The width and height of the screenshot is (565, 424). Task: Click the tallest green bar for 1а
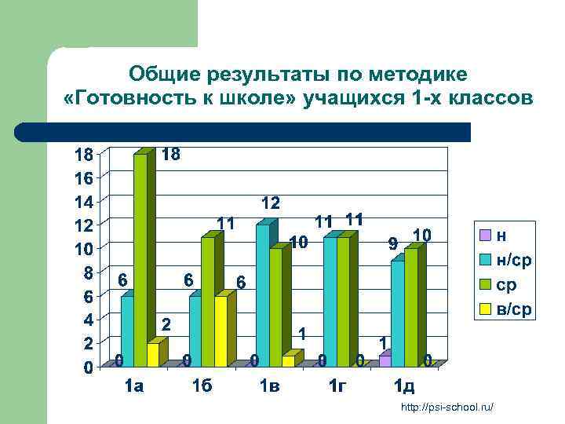[x=140, y=259]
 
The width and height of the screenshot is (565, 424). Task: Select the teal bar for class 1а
[x=127, y=330]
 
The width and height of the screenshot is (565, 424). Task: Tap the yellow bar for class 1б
[x=221, y=330]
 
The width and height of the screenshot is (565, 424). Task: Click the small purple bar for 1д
[x=385, y=360]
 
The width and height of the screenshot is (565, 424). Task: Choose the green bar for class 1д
[x=410, y=306]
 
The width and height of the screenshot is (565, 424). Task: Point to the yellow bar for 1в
[x=288, y=360]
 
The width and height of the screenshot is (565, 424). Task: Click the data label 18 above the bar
[x=170, y=155]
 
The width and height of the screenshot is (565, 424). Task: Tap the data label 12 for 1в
[x=271, y=203]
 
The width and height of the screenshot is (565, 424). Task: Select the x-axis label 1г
[x=337, y=386]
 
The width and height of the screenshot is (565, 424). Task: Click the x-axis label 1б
[x=202, y=386]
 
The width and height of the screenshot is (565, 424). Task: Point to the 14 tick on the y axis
[x=84, y=201]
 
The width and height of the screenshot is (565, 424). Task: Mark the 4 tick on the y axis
[x=89, y=320]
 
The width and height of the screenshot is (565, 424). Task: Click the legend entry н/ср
[x=514, y=259]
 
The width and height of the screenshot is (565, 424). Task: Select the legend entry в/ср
[x=514, y=309]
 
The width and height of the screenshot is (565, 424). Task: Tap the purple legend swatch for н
[x=486, y=235]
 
